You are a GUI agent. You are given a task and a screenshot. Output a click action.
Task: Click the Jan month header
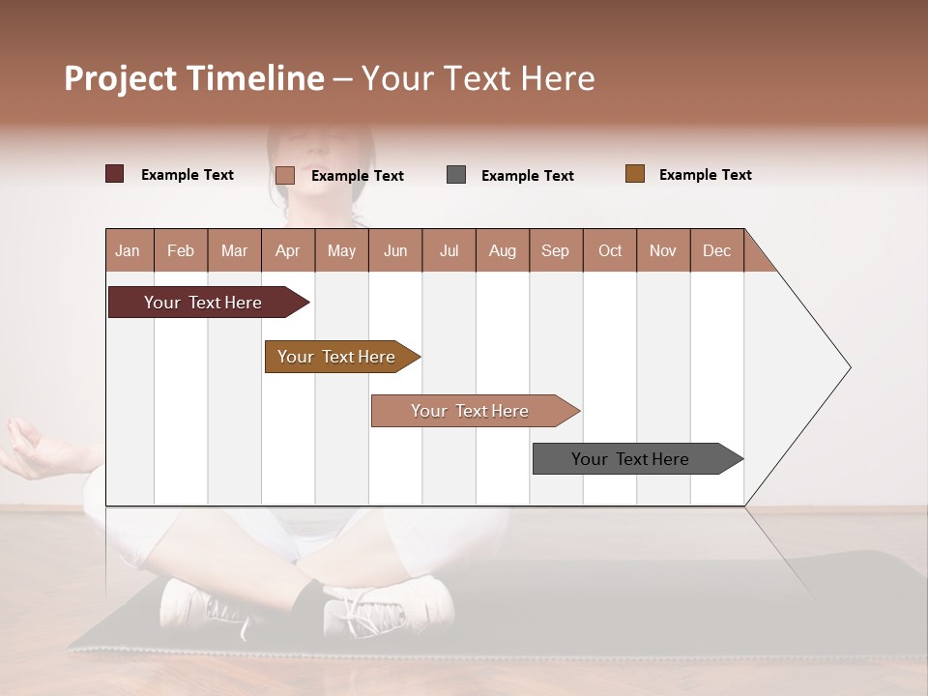coord(128,250)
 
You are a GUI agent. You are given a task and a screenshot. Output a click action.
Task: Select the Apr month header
coord(287,250)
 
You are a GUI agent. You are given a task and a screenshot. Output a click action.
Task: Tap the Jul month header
coord(449,250)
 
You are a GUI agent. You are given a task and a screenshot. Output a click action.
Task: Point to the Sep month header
coord(555,250)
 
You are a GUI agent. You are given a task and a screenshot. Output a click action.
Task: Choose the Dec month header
coord(716,250)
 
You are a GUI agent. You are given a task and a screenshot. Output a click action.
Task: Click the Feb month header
coord(181,250)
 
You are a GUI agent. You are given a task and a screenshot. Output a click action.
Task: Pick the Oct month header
coord(610,250)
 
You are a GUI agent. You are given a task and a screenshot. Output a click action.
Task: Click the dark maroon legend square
coord(115,174)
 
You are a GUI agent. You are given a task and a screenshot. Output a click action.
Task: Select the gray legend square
coord(456,175)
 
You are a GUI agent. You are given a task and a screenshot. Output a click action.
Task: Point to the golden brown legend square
coord(635,174)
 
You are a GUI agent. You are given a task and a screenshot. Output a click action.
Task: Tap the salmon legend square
coord(285,175)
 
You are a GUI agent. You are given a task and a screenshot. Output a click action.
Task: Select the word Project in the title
coord(121,78)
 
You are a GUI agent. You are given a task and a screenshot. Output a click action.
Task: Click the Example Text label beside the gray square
coord(527,176)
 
